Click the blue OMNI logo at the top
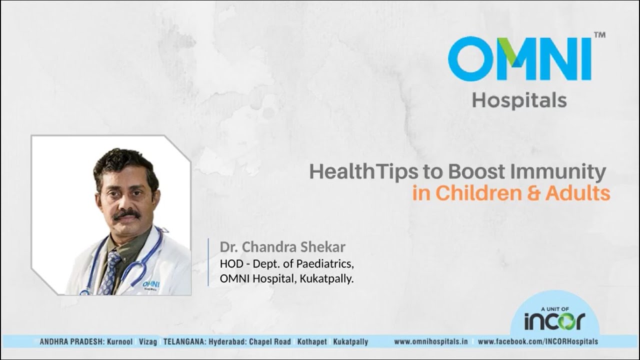519,59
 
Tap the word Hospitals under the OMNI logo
519,100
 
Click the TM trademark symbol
599,35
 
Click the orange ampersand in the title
533,193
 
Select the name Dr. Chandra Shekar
282,247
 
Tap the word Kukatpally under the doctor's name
327,279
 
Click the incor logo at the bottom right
554,321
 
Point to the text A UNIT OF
555,309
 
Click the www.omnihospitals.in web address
431,341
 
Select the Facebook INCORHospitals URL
537,341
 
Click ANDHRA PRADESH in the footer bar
71,341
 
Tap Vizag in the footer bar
148,342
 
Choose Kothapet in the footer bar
312,341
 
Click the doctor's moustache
126,214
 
